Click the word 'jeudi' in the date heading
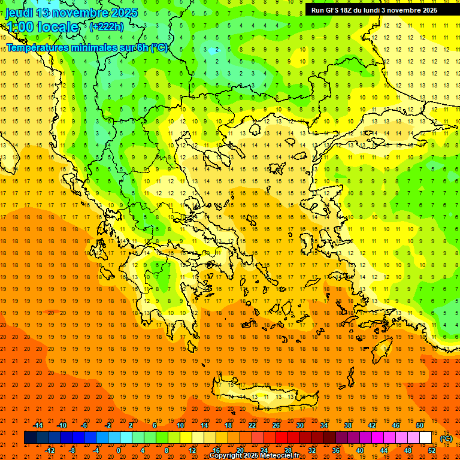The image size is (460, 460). [x=19, y=13]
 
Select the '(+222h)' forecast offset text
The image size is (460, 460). [x=107, y=26]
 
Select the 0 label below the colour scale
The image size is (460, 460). [x=119, y=450]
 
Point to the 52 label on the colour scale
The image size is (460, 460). [x=432, y=450]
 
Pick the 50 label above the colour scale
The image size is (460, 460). [x=420, y=425]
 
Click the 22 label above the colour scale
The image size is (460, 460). [x=252, y=425]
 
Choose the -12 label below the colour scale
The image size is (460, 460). [x=50, y=450]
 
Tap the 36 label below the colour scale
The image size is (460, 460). [x=336, y=450]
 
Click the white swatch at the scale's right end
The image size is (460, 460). [x=426, y=438]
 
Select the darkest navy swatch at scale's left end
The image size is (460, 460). [x=30, y=438]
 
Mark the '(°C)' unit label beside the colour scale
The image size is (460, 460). [x=446, y=438]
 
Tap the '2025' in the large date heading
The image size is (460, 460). [x=123, y=13]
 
